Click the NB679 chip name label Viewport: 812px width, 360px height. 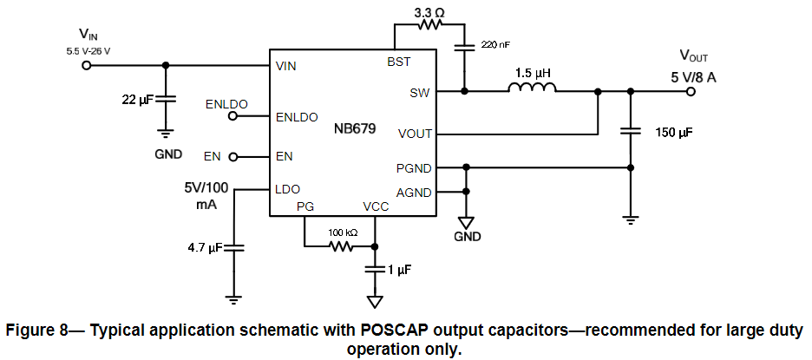[355, 129]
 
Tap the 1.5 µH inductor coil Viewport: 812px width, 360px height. [531, 88]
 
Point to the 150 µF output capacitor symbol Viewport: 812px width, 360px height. [630, 133]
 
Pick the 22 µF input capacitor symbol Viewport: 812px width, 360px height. [166, 100]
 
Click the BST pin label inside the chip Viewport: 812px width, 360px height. [398, 62]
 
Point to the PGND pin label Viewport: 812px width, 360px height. [414, 167]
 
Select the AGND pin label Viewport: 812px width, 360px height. [414, 192]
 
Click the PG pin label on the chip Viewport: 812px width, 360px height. [304, 206]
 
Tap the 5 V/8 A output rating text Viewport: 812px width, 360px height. [693, 76]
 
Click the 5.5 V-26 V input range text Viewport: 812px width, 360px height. [88, 51]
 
